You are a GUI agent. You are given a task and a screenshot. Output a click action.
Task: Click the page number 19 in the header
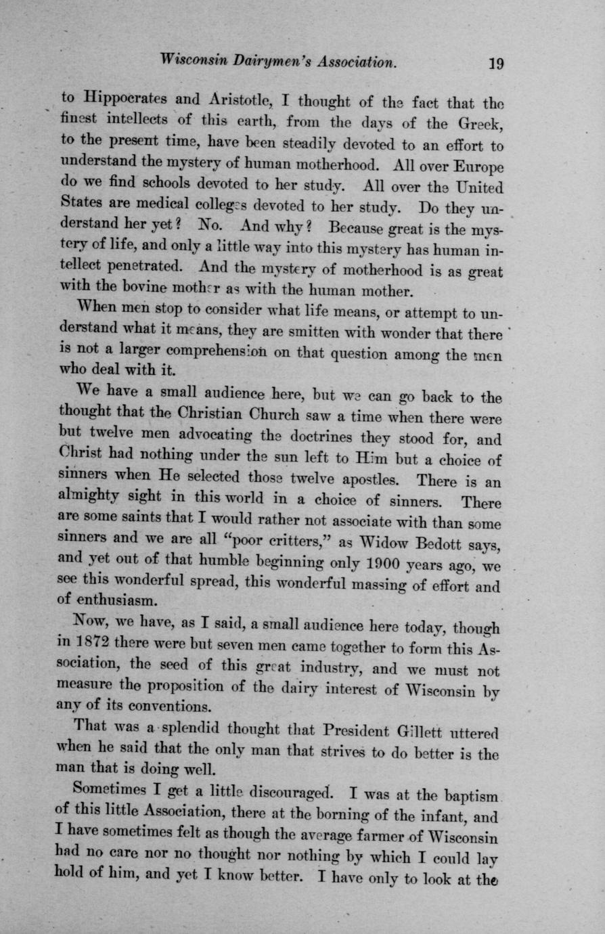coord(497,64)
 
